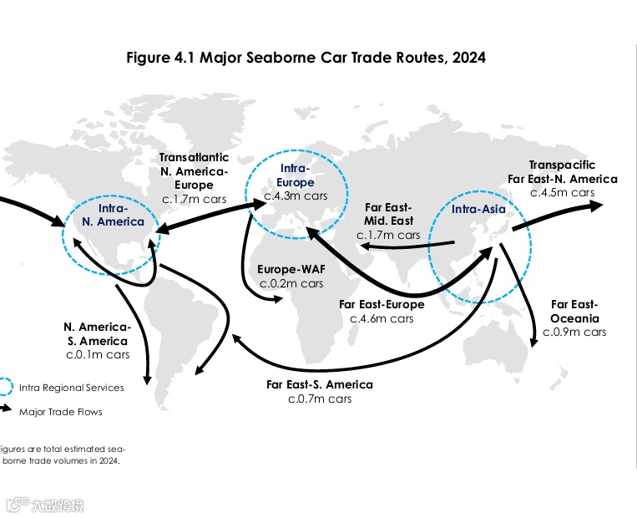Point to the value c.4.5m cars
point(562,192)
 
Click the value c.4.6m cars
point(382,318)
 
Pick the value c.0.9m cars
point(574,332)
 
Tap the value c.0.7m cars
point(320,399)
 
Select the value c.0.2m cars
point(291,283)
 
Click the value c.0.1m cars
point(96,355)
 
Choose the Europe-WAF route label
point(291,270)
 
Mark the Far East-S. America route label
point(320,384)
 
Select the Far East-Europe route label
point(382,304)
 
